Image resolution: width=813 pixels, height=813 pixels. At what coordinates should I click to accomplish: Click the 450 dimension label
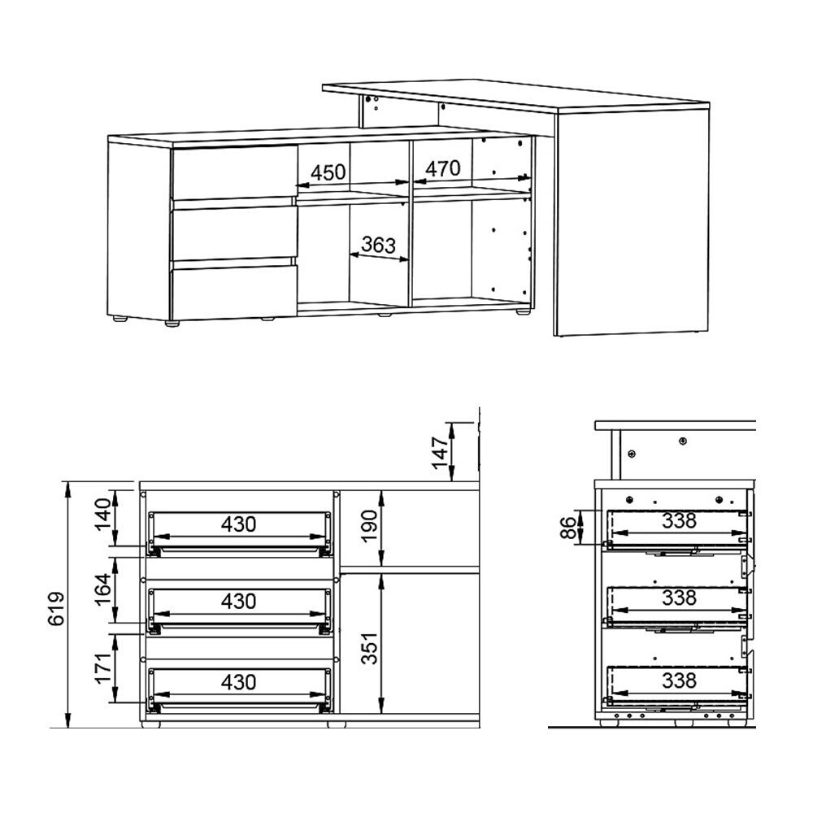point(328,172)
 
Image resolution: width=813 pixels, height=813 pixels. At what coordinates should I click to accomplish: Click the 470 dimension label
point(443,168)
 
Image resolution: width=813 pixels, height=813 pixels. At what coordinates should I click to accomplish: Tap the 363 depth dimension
point(379,244)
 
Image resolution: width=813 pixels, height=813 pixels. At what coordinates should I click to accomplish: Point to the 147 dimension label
point(440,452)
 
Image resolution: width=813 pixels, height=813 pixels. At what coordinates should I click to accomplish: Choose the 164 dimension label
point(102,589)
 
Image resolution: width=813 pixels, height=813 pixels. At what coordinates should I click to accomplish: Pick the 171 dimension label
point(102,667)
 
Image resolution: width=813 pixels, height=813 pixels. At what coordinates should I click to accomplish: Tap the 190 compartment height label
point(369,526)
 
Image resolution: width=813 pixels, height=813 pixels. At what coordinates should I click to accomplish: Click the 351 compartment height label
point(369,648)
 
